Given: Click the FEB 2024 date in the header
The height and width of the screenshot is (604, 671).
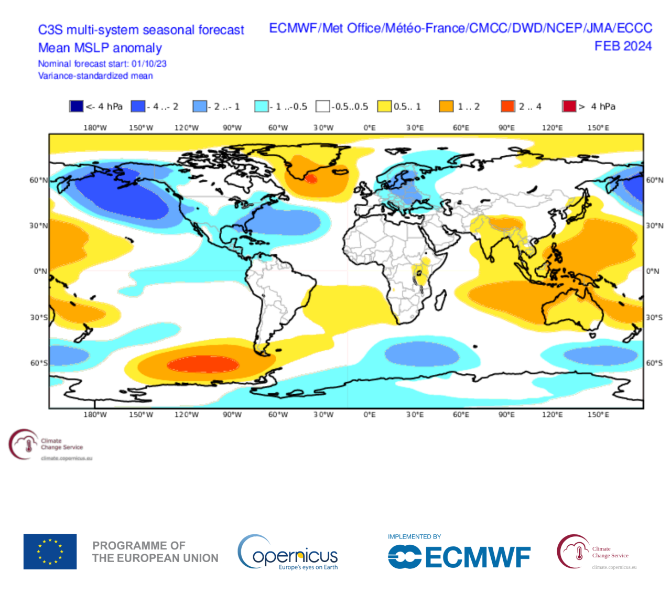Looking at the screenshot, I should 623,46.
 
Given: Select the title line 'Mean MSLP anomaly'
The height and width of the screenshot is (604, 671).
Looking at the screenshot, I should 100,48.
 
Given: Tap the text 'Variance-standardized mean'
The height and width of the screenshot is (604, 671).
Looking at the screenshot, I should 95,75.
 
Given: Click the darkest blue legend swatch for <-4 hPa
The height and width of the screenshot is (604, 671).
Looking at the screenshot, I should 76,106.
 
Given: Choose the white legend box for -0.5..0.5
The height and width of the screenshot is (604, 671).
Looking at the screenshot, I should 322,106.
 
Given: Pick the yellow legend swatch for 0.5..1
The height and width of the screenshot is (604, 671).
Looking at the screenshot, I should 384,106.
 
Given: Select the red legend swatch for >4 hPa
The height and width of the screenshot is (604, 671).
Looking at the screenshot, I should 569,106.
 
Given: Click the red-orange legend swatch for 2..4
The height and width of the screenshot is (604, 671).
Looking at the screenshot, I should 507,106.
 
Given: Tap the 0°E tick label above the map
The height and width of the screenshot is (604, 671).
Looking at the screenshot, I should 370,127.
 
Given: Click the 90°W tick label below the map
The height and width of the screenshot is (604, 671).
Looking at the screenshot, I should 232,414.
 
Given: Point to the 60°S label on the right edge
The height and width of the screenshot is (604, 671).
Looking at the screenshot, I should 654,363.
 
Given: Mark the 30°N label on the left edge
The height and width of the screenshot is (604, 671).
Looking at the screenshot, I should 38,225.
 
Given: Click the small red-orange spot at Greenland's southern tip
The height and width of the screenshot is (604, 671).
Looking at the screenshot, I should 311,179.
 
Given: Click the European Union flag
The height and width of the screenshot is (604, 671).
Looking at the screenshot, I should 50,552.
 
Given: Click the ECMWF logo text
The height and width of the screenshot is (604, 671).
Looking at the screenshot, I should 477,557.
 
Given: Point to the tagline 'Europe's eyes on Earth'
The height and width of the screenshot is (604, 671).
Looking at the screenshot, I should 308,567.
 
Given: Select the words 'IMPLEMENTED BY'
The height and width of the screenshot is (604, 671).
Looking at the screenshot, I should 414,536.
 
